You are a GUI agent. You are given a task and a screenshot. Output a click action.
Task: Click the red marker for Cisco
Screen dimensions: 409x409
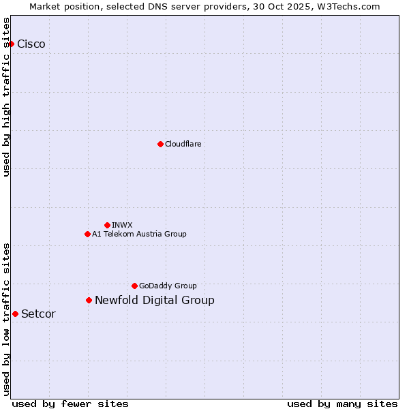tap(11, 44)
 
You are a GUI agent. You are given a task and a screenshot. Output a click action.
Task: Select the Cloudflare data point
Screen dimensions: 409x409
tap(160, 144)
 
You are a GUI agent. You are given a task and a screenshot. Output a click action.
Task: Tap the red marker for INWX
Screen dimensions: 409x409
tap(107, 225)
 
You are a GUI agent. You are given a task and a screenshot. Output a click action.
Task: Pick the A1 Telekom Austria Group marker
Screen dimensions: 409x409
tap(87, 234)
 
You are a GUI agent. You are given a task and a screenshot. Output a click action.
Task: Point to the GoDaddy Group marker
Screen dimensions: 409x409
tap(134, 286)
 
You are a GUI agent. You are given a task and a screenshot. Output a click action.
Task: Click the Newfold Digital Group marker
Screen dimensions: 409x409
tap(89, 300)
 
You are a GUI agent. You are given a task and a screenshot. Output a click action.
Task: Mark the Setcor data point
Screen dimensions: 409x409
tap(15, 314)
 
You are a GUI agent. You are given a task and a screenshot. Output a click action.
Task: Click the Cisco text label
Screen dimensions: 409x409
tap(31, 44)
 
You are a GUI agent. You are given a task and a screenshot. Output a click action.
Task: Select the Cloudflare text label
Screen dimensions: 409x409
tap(183, 144)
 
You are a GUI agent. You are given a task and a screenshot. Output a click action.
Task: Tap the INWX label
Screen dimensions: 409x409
tap(122, 225)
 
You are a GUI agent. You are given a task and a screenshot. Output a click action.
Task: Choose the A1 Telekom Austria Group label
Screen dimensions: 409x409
tap(139, 234)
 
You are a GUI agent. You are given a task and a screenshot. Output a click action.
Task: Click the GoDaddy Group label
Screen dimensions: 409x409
tap(168, 286)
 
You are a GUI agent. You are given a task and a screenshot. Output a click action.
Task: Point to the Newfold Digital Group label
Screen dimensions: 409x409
tap(155, 300)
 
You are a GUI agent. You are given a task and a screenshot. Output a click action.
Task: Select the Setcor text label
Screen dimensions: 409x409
tap(38, 314)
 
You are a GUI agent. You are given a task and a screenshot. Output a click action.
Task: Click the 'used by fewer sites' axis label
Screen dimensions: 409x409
tap(70, 404)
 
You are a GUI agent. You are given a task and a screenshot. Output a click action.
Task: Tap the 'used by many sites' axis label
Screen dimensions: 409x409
tap(342, 404)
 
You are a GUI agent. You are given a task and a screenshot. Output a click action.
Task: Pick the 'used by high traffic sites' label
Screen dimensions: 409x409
tap(6, 97)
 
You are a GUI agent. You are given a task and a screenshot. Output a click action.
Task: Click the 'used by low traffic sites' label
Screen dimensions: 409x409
tap(6, 319)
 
